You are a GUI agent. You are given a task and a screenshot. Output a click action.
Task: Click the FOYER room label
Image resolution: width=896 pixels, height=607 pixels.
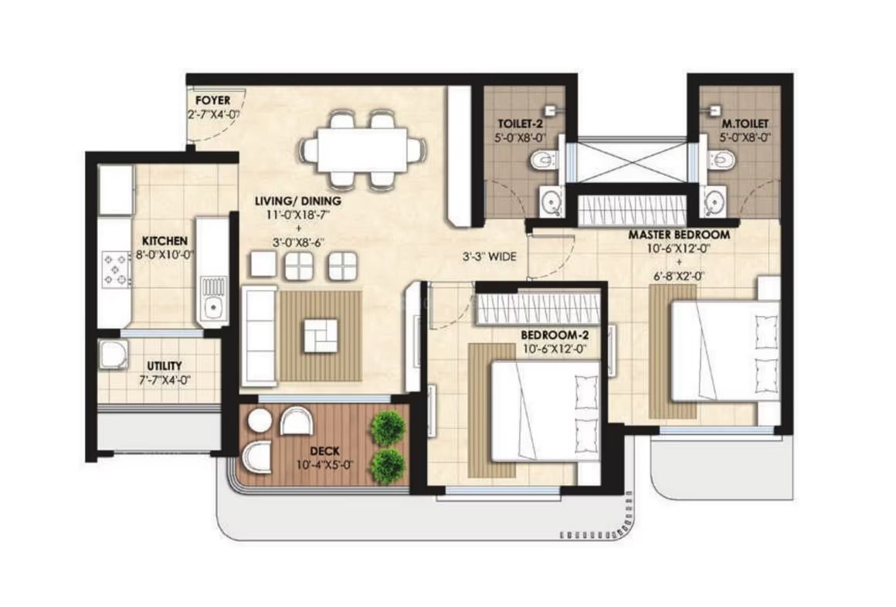(x=211, y=101)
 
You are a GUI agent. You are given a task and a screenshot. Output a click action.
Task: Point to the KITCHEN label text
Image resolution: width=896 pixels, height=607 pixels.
(x=164, y=241)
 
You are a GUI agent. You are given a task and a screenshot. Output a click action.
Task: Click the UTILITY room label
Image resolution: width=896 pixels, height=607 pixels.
(x=164, y=365)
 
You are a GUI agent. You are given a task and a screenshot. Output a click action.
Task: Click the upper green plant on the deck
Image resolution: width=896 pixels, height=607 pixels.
(x=387, y=427)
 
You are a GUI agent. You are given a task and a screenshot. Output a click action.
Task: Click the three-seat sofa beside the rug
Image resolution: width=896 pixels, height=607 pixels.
(x=259, y=336)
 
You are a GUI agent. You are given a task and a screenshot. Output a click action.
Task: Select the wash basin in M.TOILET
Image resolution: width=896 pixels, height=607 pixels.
(x=714, y=203)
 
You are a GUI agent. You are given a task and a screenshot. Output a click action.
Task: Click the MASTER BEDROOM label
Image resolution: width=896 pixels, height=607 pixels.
(x=678, y=234)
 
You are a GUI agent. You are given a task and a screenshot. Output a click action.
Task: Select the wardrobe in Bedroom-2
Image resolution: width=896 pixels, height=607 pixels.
(x=538, y=308)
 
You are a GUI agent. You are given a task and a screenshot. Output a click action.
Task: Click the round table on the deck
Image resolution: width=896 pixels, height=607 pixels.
(x=260, y=421)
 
